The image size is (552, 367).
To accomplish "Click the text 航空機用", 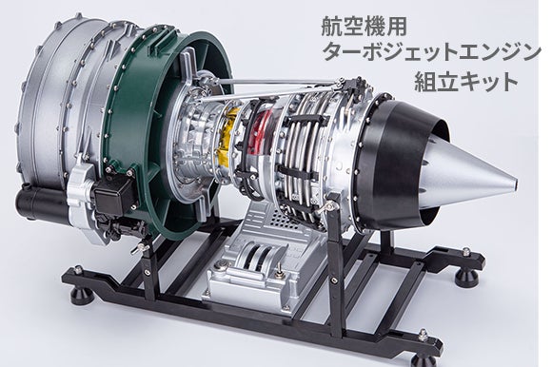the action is point(364,27).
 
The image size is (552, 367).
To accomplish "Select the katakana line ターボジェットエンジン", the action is point(431,52).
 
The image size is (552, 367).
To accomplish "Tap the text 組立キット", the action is point(466,81).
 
